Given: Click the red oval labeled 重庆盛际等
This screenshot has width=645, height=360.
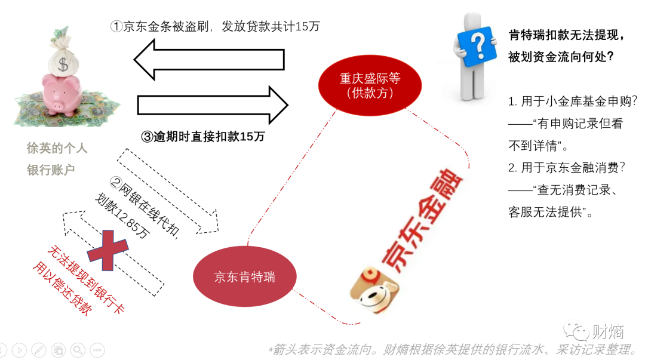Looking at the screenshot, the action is click(x=370, y=85).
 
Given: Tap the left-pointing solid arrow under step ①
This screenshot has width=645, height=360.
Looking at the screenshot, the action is click(x=208, y=60).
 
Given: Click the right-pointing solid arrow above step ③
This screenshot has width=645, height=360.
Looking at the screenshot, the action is click(x=213, y=105).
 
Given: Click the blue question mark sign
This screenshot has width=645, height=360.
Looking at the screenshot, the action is click(x=477, y=47).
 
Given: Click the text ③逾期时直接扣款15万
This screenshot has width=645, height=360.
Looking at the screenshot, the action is click(x=202, y=136).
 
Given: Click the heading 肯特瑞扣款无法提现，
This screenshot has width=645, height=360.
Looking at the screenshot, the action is click(x=567, y=35).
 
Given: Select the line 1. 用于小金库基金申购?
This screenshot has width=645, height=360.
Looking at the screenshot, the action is click(x=573, y=101).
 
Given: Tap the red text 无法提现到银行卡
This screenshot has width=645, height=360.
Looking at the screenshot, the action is click(x=86, y=281).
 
